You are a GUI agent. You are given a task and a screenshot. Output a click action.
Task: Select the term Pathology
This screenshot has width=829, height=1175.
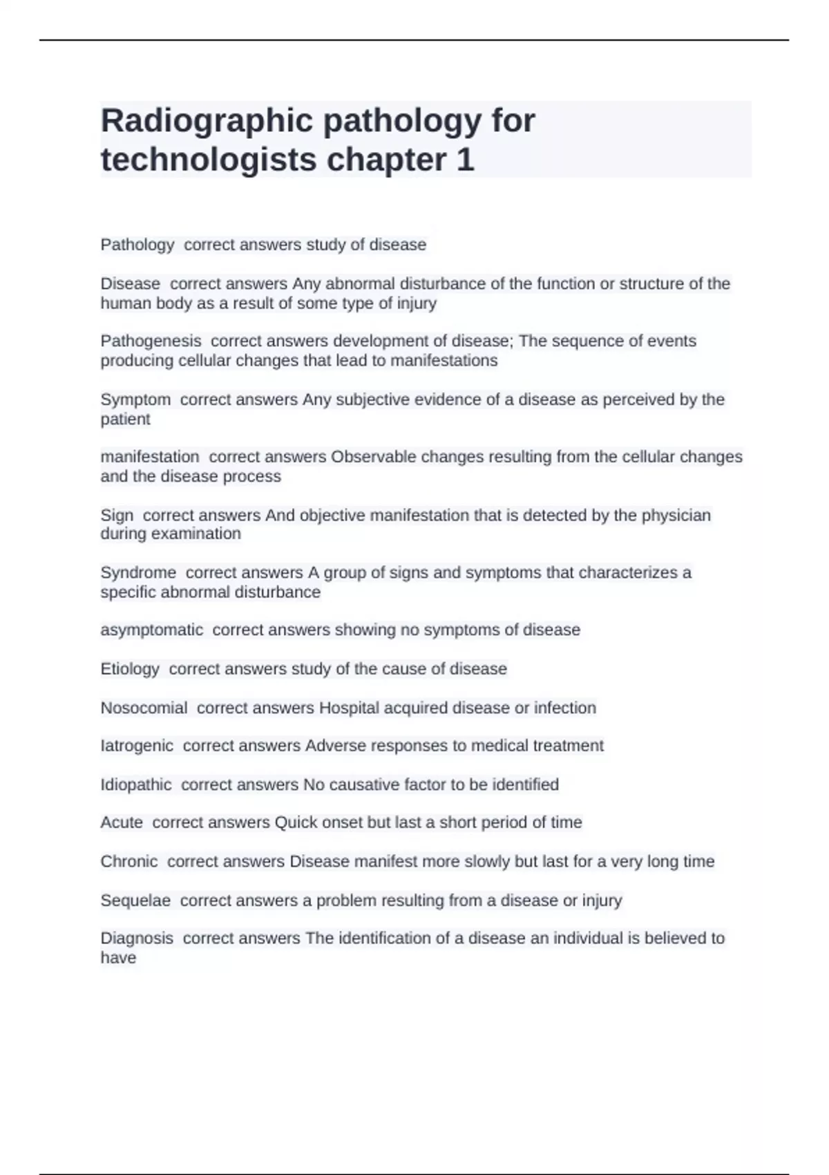[x=137, y=245]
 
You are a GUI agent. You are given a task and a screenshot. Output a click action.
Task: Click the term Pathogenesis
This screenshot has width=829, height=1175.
[x=151, y=341]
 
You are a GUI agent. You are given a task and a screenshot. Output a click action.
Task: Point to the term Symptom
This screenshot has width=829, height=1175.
[x=135, y=399]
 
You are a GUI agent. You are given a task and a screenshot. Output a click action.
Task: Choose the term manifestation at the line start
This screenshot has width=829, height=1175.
[x=150, y=457]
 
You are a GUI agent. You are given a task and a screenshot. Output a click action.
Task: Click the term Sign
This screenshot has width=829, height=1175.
[x=117, y=515]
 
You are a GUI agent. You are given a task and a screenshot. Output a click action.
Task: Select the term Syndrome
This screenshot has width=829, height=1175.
[x=138, y=572]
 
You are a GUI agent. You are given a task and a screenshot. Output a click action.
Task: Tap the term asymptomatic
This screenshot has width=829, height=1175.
[x=152, y=630]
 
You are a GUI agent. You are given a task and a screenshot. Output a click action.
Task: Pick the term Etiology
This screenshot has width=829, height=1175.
[x=130, y=668]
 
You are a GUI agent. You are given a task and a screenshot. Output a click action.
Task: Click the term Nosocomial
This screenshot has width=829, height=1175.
[x=144, y=708]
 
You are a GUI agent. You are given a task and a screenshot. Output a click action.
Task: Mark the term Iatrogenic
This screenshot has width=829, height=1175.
[x=137, y=746]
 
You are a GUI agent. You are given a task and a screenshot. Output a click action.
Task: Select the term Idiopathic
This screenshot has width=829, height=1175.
[x=136, y=784]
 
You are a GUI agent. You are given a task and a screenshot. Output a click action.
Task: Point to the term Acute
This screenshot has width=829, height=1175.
[x=122, y=822]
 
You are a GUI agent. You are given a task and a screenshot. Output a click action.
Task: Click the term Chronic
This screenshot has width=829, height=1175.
[x=129, y=861]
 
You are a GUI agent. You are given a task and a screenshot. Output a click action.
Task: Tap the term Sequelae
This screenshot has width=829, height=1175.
[x=135, y=901]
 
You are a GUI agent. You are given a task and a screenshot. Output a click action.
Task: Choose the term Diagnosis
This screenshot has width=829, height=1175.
[x=137, y=938]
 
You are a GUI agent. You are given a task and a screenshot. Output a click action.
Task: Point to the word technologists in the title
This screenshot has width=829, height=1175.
[x=209, y=160]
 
